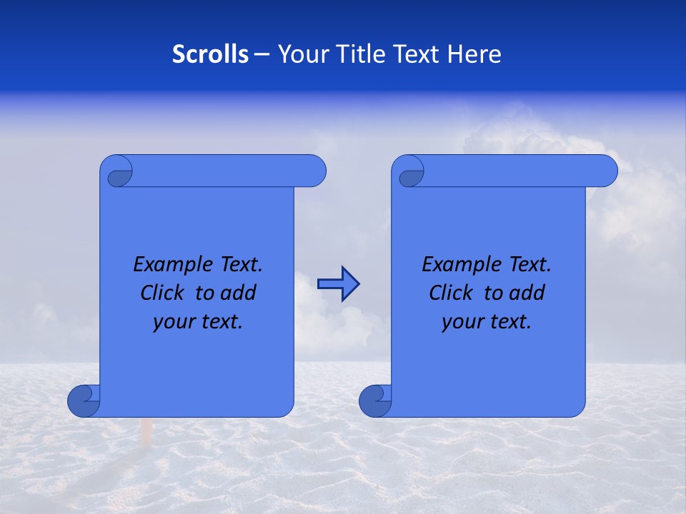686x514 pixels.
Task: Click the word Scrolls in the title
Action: (210, 54)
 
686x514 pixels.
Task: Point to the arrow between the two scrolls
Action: (338, 284)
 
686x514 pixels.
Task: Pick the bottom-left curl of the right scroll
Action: (375, 400)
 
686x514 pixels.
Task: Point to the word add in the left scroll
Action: (239, 293)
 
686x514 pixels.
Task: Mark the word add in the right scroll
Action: (528, 293)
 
